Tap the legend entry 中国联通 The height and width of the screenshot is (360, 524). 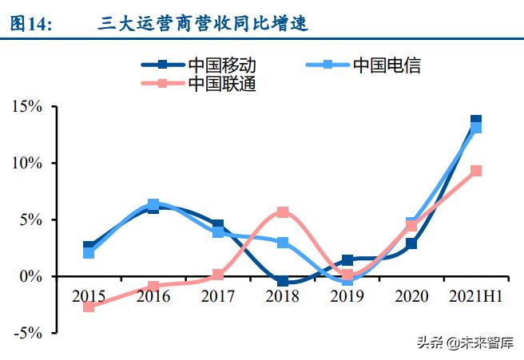point(223,84)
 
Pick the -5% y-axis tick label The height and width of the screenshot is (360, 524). point(28,333)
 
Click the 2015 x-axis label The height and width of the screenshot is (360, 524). point(88,297)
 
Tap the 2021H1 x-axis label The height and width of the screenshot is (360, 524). point(475,297)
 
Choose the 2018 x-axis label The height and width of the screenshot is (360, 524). point(282,297)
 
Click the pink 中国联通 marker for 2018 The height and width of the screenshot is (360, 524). point(282,212)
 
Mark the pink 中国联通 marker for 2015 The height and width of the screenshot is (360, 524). point(88,307)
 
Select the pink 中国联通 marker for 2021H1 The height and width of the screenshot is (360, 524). point(476,171)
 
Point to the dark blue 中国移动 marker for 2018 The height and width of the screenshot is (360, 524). point(282,281)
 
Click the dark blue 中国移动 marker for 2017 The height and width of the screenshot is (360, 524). point(218,226)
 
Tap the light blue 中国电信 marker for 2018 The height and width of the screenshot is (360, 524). point(282,242)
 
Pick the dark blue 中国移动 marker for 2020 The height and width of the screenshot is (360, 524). point(411,243)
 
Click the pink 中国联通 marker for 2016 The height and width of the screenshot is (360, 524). point(153,286)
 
